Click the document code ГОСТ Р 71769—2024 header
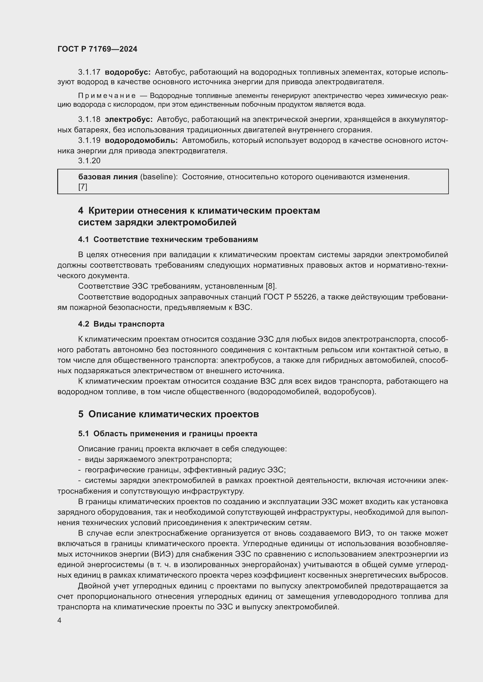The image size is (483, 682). point(97,49)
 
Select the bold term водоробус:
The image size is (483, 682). point(128,72)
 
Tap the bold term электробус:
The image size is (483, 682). point(129,120)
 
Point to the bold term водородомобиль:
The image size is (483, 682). point(141,140)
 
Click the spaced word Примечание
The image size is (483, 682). point(107,96)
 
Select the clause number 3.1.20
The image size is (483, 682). point(89,161)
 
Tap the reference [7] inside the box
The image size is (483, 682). point(83,187)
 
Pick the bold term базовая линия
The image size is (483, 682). point(108,177)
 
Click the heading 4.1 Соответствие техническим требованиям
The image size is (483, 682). point(168,239)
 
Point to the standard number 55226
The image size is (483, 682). point(305,297)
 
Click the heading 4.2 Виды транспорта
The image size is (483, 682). point(121,324)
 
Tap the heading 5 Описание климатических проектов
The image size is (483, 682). point(168,414)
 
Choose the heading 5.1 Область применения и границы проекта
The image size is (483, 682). point(168,434)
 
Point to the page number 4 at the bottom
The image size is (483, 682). point(60,620)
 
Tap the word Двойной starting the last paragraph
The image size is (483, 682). point(94,586)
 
